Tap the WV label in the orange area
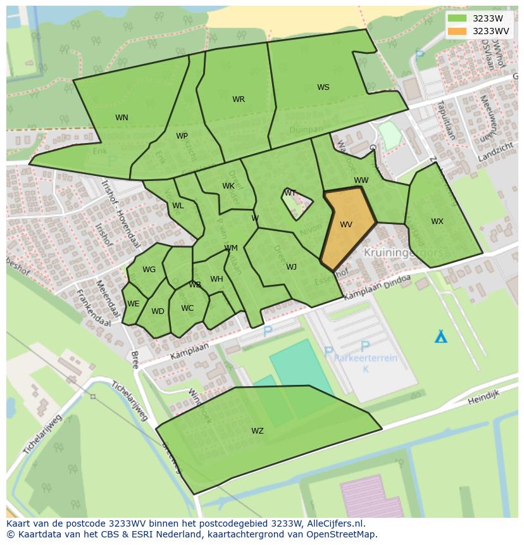click(346, 225)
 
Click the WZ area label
click(257, 431)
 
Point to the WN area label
click(122, 117)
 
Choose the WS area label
click(323, 87)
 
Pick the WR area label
click(238, 99)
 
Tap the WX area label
click(437, 222)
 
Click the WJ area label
click(291, 267)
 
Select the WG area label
click(149, 270)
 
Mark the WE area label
click(133, 304)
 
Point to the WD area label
click(158, 311)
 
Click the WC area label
click(187, 309)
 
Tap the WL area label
click(178, 206)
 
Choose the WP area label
click(182, 136)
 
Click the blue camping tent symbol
click(440, 336)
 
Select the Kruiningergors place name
click(403, 252)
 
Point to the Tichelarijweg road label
click(130, 401)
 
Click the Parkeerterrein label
click(366, 358)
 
